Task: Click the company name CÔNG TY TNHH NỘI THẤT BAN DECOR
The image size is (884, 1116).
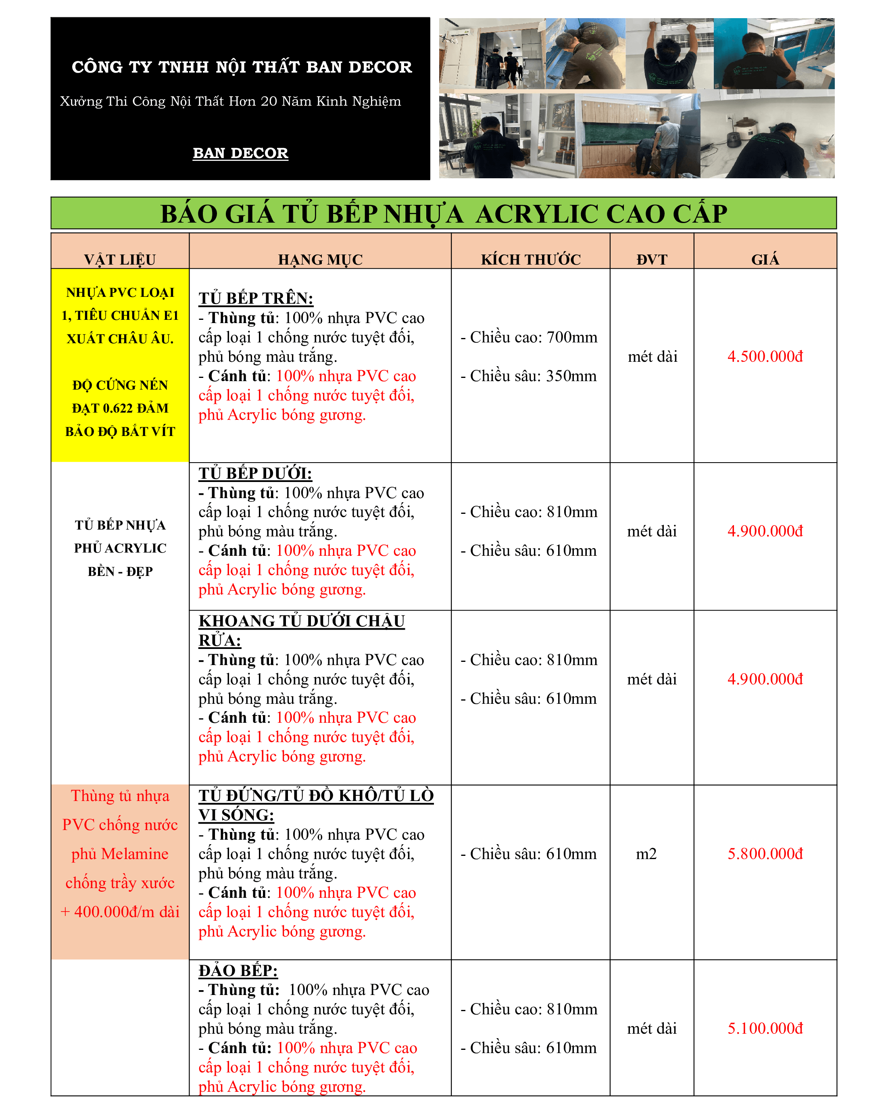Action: click(242, 67)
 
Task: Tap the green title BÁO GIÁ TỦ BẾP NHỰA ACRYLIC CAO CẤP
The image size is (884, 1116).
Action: click(444, 214)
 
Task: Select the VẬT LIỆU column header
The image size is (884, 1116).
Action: click(120, 259)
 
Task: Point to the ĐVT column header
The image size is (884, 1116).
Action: click(652, 259)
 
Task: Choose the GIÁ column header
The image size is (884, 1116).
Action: click(765, 259)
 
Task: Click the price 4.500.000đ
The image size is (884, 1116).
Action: click(765, 357)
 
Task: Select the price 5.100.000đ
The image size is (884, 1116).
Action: click(765, 1028)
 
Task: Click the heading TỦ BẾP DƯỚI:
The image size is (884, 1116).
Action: click(255, 474)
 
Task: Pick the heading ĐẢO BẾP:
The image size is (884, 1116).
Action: click(238, 970)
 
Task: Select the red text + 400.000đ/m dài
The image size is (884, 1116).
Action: click(120, 912)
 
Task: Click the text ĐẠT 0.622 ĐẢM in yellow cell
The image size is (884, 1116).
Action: click(120, 409)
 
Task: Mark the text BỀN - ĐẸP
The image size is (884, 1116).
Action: click(120, 572)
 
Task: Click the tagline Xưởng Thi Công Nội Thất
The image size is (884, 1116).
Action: click(230, 102)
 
